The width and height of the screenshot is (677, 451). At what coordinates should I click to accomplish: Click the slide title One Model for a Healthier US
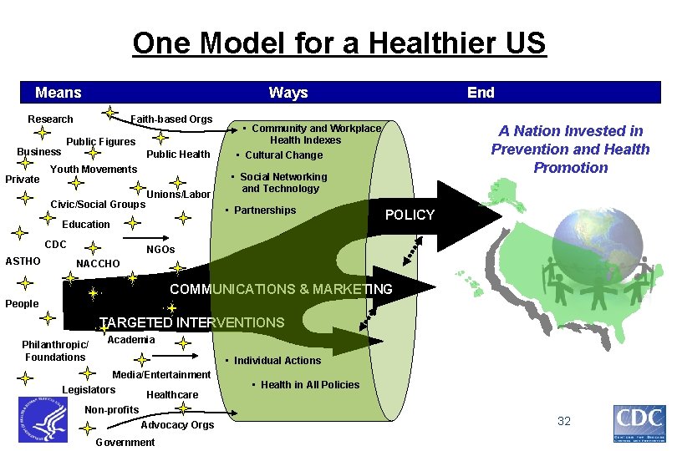(x=338, y=43)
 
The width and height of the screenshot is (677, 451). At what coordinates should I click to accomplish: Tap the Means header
(x=59, y=93)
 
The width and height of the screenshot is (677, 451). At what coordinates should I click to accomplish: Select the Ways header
(x=288, y=93)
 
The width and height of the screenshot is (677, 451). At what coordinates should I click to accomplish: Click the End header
(x=481, y=93)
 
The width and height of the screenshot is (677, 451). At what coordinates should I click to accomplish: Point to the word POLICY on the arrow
(x=410, y=215)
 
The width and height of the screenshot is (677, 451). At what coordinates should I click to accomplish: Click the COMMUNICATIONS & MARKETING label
(x=281, y=290)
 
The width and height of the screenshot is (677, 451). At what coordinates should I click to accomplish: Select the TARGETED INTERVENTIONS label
(x=192, y=322)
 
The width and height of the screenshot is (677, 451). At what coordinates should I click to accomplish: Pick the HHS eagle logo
(x=42, y=419)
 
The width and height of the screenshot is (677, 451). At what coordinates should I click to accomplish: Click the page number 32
(x=564, y=421)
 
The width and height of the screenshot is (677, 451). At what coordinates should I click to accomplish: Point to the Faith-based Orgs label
(x=171, y=119)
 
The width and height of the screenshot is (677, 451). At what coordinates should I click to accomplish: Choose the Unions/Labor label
(x=178, y=195)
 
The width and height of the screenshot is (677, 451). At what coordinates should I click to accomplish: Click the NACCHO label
(x=98, y=264)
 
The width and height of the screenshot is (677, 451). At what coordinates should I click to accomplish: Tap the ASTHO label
(x=23, y=261)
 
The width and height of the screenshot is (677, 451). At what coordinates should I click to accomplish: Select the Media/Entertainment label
(x=161, y=375)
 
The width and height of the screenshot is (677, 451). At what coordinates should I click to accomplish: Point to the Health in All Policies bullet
(x=309, y=385)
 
